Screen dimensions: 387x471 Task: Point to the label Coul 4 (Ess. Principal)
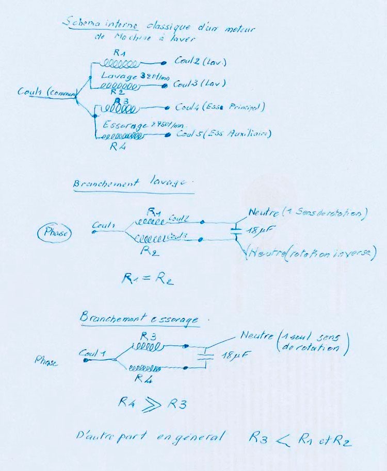[220, 107]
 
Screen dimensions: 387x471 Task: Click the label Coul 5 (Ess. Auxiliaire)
[223, 134]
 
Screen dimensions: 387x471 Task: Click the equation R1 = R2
[147, 278]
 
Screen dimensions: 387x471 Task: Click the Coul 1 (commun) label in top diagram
[47, 92]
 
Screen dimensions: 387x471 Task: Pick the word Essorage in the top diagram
[124, 125]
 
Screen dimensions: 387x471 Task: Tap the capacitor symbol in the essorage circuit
[206, 355]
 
